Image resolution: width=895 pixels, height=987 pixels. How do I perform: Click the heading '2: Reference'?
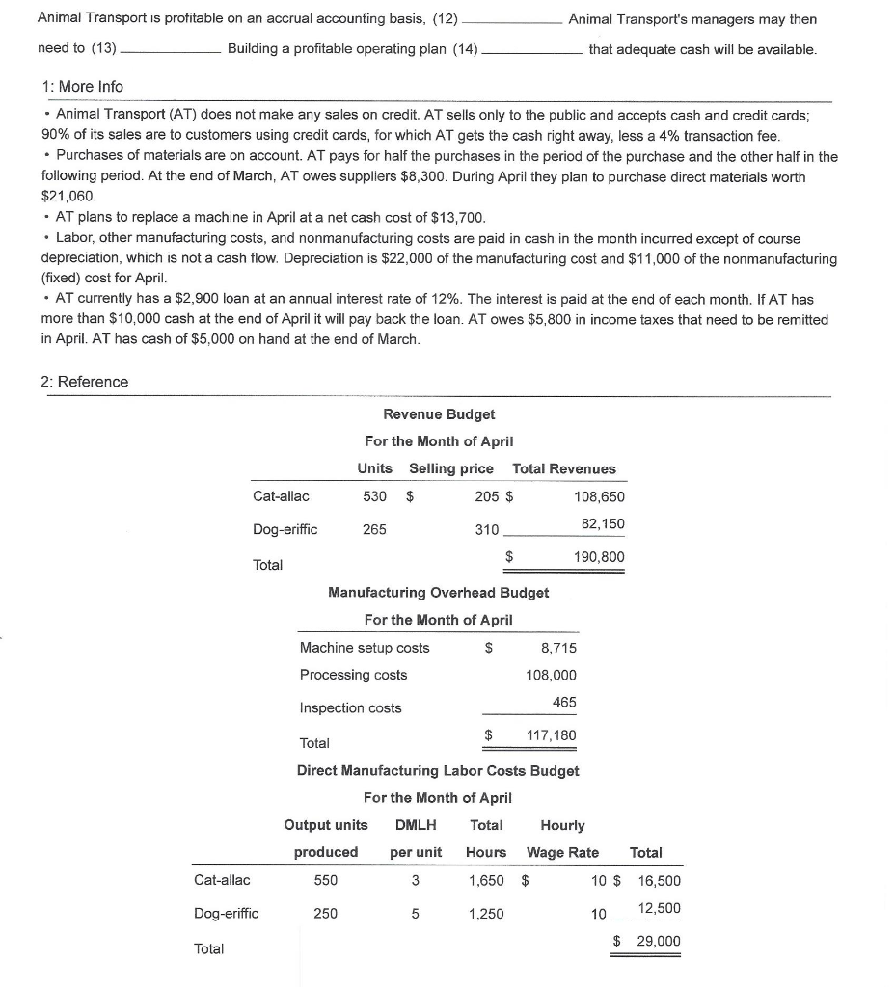[x=84, y=382]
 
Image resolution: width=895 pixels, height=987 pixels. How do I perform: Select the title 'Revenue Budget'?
[x=439, y=414]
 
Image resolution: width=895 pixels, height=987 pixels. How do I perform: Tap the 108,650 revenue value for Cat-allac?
[x=599, y=497]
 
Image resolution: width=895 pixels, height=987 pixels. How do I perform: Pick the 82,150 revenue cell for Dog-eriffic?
[x=603, y=523]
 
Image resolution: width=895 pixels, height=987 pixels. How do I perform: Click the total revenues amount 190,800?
[x=599, y=557]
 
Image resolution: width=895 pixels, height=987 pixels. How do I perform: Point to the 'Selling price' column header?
[x=451, y=468]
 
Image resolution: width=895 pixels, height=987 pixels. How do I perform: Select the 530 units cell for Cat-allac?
[x=374, y=497]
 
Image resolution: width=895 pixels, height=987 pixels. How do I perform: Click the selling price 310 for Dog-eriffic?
[x=487, y=529]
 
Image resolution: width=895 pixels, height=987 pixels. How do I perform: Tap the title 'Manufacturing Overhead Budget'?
[x=439, y=593]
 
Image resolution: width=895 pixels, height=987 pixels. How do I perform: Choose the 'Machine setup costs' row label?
[x=365, y=648]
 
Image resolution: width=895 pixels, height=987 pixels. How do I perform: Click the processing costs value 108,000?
[x=551, y=675]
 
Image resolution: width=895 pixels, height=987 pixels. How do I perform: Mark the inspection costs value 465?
[x=564, y=702]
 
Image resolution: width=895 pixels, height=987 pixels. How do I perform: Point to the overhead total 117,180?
[x=551, y=735]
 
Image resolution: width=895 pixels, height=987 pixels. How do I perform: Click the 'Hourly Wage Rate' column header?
[x=563, y=839]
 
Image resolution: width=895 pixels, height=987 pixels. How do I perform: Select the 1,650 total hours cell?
[x=485, y=880]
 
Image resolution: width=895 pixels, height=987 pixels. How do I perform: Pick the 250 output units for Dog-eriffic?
[x=326, y=914]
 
